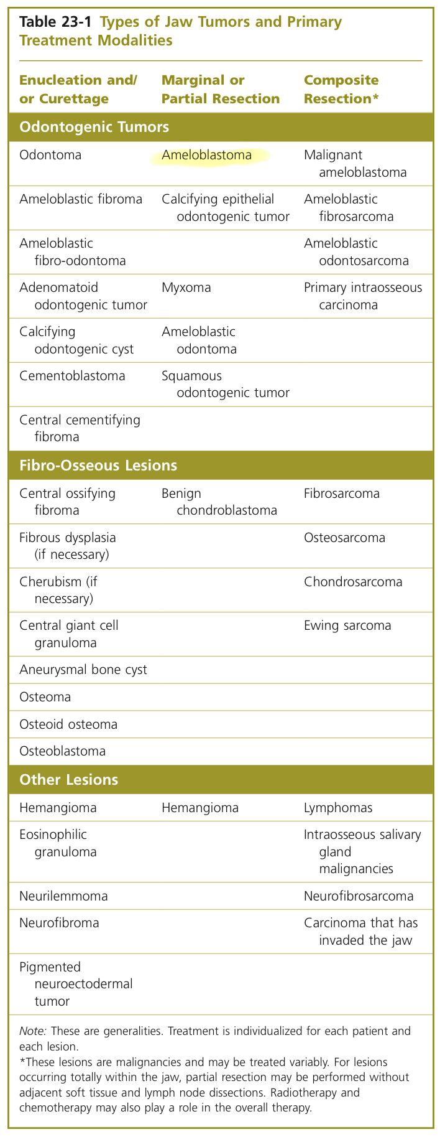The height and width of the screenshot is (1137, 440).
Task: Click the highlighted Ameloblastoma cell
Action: pos(207,155)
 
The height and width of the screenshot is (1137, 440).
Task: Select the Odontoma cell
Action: pos(50,155)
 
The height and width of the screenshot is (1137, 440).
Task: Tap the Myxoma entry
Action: pos(186,288)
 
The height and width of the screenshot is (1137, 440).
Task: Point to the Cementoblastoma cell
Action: pos(72,376)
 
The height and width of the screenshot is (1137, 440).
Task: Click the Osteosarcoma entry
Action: pos(344,538)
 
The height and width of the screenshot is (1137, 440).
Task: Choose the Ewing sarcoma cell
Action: pos(347,625)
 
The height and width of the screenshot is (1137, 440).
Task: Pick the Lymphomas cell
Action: pos(338,808)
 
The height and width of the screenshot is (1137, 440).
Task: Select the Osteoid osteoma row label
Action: pos(68,724)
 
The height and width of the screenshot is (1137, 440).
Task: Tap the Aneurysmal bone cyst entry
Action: pos(83,670)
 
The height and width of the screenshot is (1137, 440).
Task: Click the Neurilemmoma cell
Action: pos(63,896)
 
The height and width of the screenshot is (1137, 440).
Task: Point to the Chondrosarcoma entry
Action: pos(353,582)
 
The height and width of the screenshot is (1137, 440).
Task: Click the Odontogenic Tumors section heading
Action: pos(94,128)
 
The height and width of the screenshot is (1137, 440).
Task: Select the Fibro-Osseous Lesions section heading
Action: pos(98,466)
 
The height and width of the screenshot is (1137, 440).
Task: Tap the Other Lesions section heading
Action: pos(68,780)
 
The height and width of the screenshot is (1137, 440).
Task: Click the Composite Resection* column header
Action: pos(341,90)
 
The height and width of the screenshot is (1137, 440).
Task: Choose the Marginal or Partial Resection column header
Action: pos(221,90)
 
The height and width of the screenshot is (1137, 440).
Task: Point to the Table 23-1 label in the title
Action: pos(55,22)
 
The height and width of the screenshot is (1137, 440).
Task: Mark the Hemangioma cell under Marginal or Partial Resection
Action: pos(200,808)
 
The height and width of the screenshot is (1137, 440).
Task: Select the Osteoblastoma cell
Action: pos(62,751)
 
